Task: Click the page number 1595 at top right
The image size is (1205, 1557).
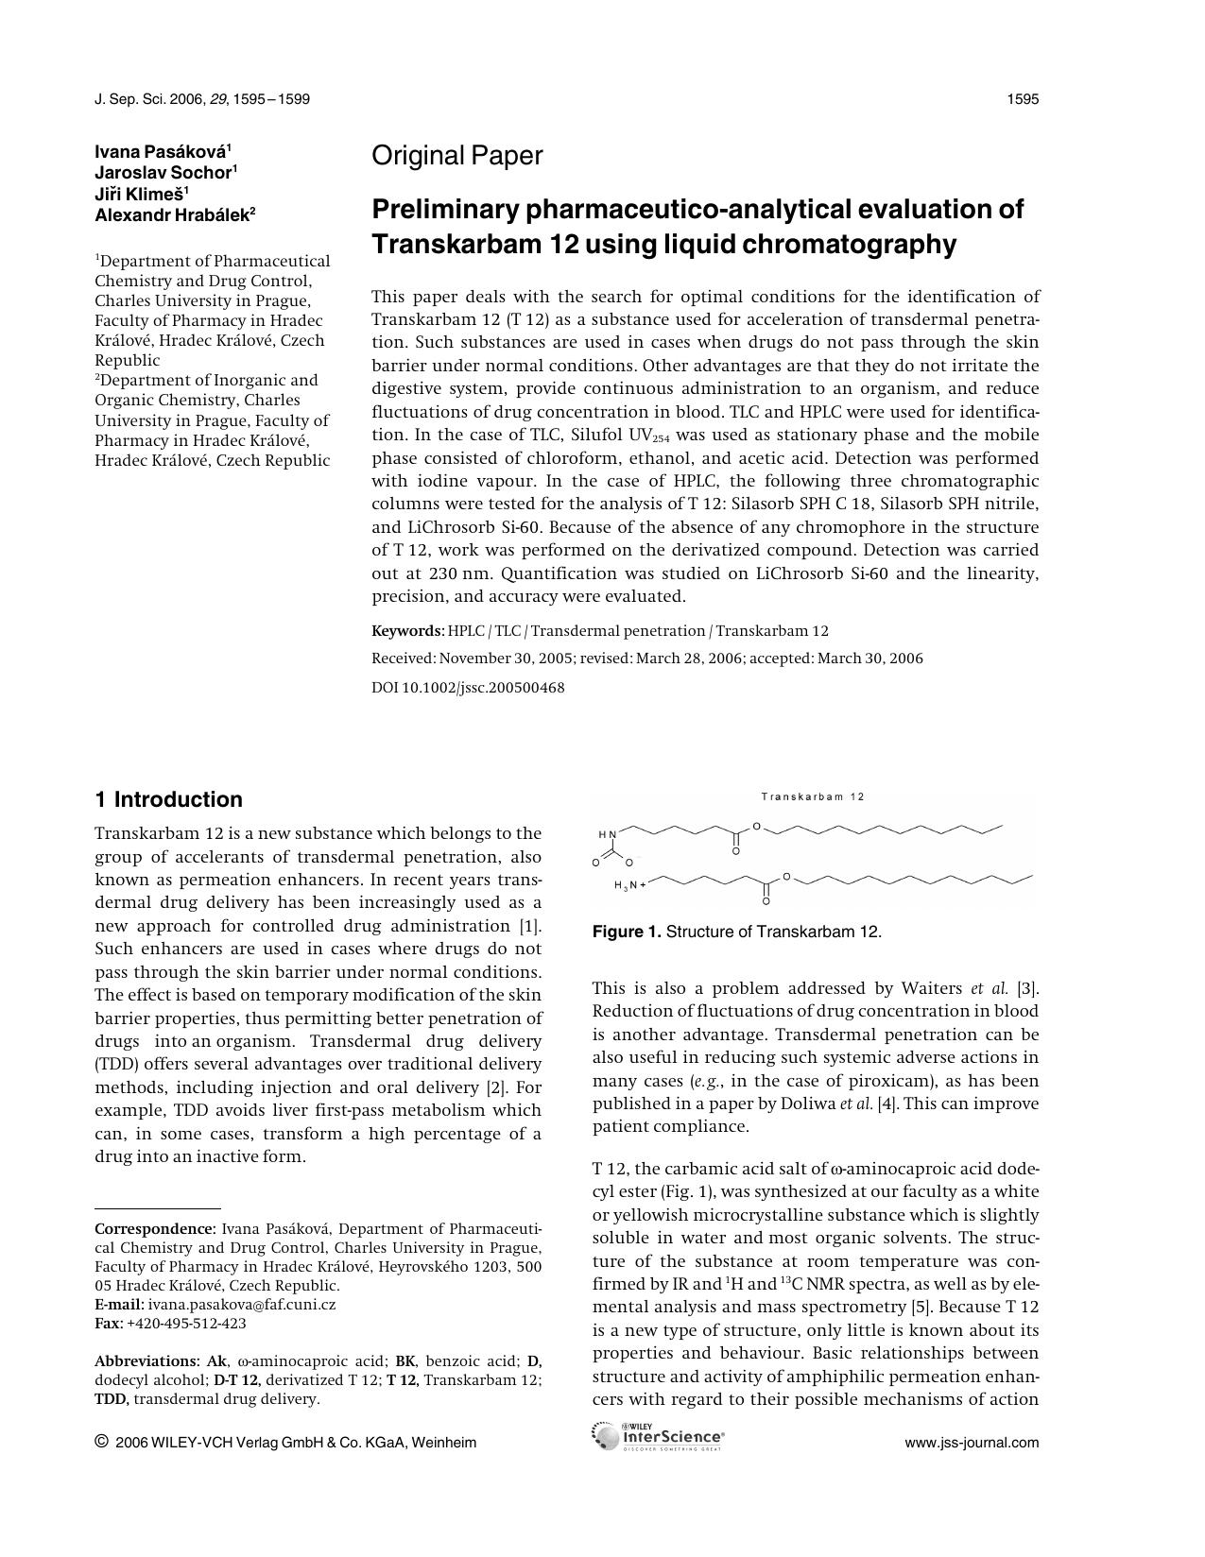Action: (1023, 99)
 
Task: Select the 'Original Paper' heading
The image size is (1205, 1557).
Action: (456, 156)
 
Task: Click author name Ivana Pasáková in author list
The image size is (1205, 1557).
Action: (160, 151)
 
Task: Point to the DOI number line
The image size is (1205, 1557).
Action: (468, 688)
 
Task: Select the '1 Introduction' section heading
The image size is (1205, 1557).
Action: (168, 799)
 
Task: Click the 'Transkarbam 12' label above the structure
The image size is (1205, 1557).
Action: (813, 796)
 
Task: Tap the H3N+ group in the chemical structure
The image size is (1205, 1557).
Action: (629, 885)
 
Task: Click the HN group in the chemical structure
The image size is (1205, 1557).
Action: (607, 834)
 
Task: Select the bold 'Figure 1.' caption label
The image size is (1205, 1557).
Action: (627, 932)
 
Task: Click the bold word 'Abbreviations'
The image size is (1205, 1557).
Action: (146, 1361)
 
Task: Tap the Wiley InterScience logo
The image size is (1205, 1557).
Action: (658, 1437)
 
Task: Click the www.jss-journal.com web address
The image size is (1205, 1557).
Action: (972, 1443)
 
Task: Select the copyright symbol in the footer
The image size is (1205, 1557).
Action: (101, 1442)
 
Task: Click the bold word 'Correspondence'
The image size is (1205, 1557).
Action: (154, 1229)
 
